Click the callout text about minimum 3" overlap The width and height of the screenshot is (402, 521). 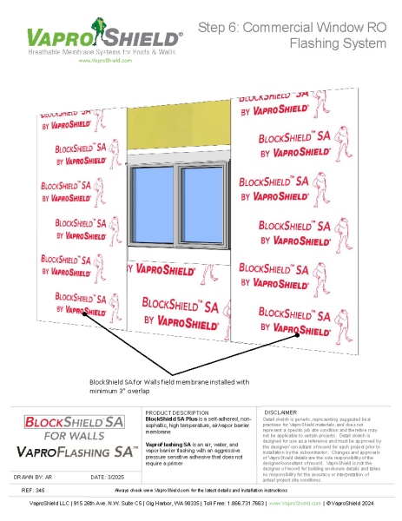(x=169, y=385)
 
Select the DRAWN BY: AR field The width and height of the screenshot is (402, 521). (x=40, y=476)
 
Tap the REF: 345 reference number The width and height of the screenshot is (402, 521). (x=33, y=491)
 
